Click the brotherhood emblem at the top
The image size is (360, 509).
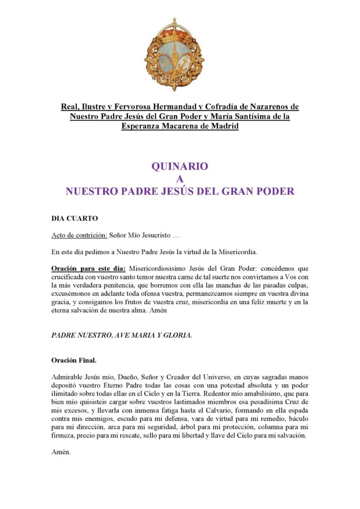175,56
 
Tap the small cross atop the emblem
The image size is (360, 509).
175,21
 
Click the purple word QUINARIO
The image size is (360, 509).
180,167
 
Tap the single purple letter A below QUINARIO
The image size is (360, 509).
180,179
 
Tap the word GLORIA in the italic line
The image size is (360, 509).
175,335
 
